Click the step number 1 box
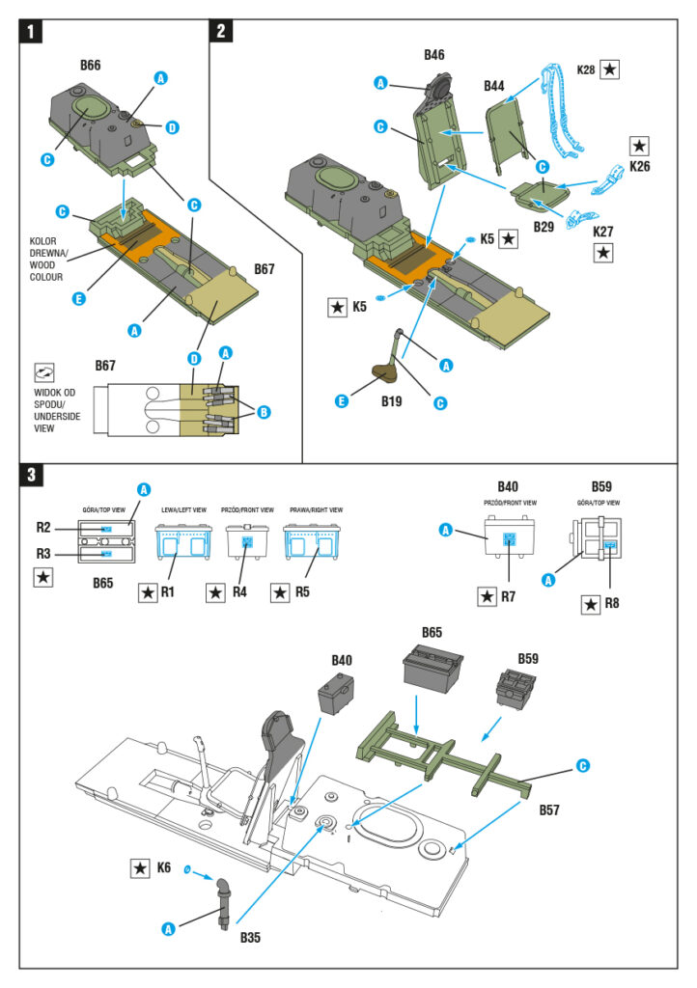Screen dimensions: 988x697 [32, 31]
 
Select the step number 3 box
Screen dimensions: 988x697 [32, 476]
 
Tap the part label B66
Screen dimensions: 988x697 [91, 66]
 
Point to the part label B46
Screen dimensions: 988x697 [433, 55]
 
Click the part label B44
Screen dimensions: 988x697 [493, 87]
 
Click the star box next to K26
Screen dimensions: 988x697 [639, 146]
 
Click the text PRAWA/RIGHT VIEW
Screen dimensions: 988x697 [313, 509]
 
